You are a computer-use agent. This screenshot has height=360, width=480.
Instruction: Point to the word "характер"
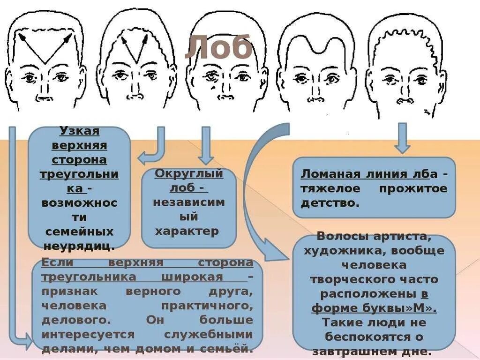click(x=187, y=231)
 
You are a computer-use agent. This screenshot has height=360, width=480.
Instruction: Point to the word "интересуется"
click(x=88, y=335)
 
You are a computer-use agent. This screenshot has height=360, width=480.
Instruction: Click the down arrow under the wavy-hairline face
click(x=402, y=138)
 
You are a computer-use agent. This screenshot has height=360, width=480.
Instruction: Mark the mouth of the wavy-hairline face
click(x=403, y=100)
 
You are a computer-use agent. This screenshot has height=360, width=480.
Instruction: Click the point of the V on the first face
click(x=44, y=63)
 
